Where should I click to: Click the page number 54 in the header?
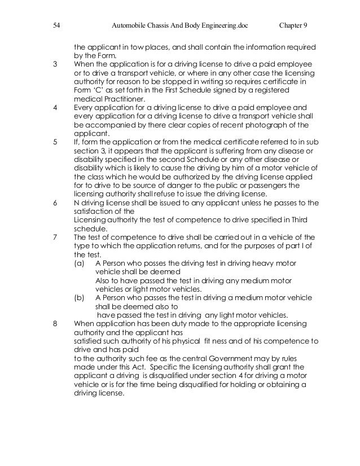56,26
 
